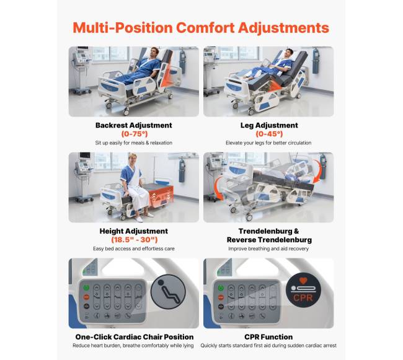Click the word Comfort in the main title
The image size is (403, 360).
tap(205, 27)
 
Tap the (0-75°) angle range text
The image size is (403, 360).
tap(135, 134)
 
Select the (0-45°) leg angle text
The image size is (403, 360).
tap(269, 134)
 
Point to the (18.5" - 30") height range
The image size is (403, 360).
tap(134, 240)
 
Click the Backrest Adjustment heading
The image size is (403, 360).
tap(134, 125)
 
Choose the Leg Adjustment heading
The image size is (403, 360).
tap(269, 125)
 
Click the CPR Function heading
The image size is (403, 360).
tap(268, 337)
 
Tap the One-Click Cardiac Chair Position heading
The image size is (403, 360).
tap(134, 337)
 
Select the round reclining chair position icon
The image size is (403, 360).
tap(168, 291)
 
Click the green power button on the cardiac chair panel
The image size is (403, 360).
tap(86, 288)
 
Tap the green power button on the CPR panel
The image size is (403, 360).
tap(221, 288)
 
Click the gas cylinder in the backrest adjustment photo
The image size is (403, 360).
tap(182, 61)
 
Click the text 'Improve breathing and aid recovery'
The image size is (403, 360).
tap(268, 248)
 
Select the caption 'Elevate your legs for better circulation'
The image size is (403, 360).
tap(268, 143)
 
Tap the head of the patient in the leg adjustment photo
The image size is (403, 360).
tap(290, 52)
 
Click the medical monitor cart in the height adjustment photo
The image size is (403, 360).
tap(84, 177)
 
